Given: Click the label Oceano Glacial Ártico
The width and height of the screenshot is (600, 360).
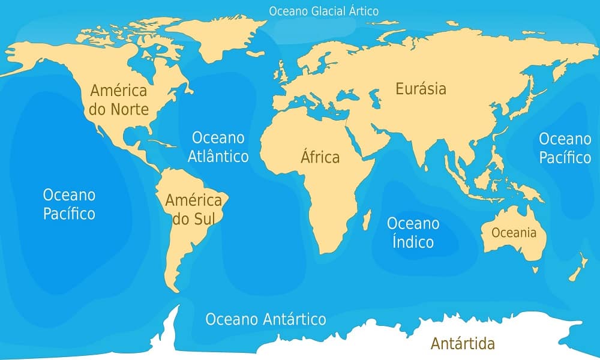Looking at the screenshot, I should [323, 11].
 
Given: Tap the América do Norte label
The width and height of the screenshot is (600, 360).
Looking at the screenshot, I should [119, 100].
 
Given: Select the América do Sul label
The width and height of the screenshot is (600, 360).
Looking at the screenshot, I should [193, 209].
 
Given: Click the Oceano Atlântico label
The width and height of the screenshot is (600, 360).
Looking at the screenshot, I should [218, 147].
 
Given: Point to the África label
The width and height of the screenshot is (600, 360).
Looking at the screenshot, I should [320, 157].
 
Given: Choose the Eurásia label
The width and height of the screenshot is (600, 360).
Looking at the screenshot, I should [421, 89].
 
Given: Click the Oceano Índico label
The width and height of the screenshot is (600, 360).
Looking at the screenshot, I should [413, 233].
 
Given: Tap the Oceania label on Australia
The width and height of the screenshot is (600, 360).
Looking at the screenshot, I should [514, 233].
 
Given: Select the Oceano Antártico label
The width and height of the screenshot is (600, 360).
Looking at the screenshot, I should [266, 319].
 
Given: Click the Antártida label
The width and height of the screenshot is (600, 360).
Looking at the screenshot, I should [463, 344].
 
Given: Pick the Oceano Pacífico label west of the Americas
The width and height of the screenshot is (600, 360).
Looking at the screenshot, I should [69, 203].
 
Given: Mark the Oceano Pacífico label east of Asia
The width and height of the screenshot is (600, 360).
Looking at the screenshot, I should [565, 148].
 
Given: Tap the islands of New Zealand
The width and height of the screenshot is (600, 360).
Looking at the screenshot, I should [577, 268].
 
